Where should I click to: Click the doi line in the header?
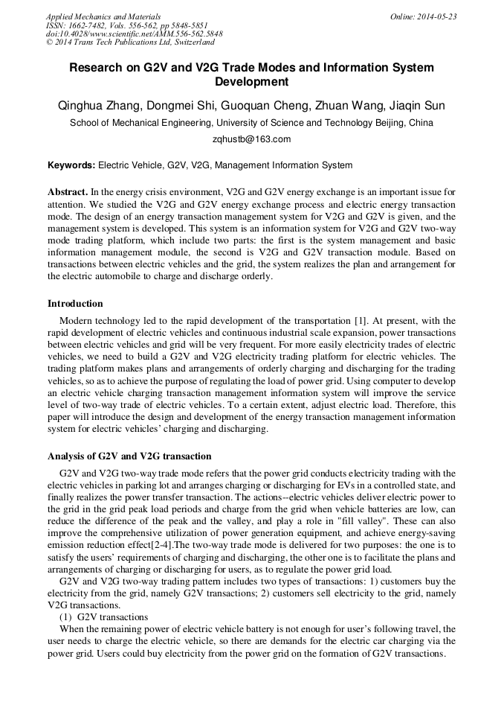pos(134,34)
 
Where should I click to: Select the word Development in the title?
pos(251,82)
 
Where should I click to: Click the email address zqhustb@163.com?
pos(251,139)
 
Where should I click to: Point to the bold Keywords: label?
pos(72,165)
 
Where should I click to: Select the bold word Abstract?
pos(68,191)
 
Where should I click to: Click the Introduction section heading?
pos(75,304)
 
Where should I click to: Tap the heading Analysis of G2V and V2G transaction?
pos(129,456)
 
